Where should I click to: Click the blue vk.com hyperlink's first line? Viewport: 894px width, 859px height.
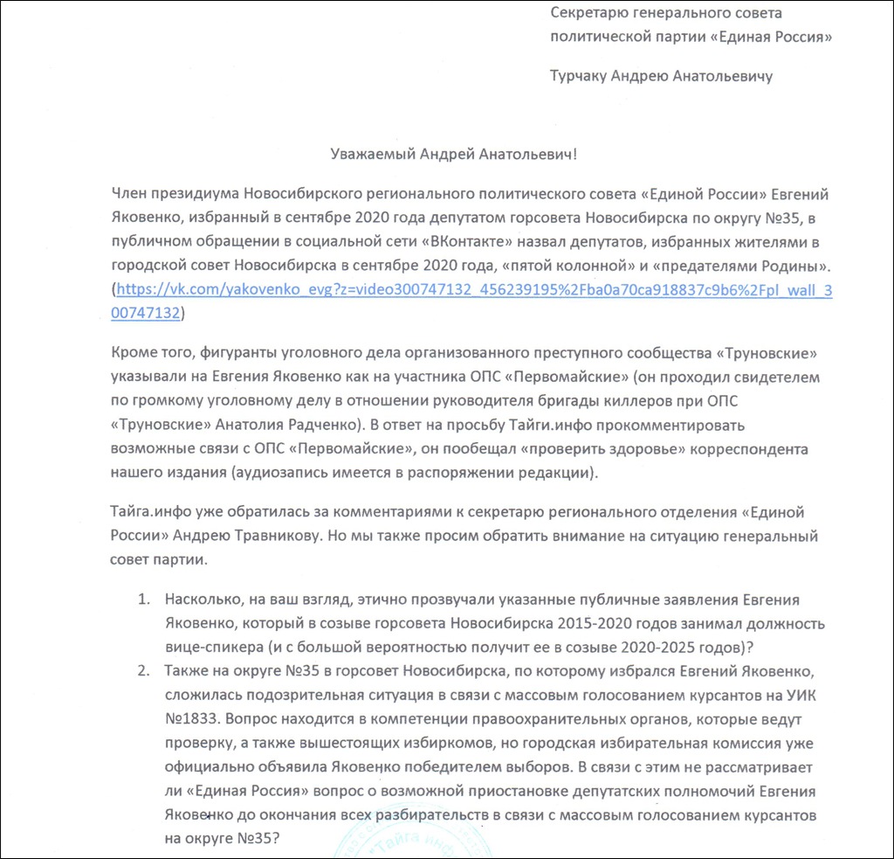474,290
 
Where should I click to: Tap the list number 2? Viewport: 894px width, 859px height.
142,671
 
